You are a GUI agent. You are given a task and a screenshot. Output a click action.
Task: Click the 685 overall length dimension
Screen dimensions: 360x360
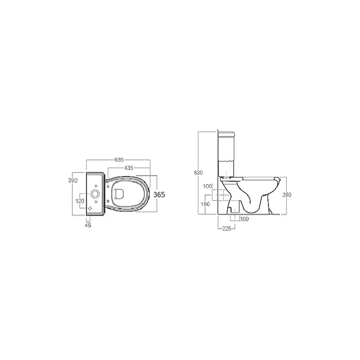click(x=119, y=159)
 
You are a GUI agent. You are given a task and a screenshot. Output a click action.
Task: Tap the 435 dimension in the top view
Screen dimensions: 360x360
click(x=129, y=168)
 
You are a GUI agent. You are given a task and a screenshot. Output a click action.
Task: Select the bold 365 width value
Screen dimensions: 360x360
click(x=159, y=194)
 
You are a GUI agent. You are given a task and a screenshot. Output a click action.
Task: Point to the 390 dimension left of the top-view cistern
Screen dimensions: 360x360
click(x=73, y=180)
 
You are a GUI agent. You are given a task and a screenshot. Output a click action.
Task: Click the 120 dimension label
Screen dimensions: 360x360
click(x=80, y=201)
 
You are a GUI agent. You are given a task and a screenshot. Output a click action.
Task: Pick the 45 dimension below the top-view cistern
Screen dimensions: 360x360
click(x=88, y=225)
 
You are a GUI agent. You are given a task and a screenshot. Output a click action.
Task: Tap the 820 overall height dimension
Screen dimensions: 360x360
click(x=198, y=172)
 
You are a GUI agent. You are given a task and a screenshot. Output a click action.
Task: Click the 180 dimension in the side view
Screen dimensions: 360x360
click(x=205, y=204)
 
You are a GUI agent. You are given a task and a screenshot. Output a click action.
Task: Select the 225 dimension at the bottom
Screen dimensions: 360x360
click(x=226, y=229)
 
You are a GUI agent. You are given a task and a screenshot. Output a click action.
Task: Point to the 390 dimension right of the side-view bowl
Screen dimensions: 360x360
click(x=287, y=195)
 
